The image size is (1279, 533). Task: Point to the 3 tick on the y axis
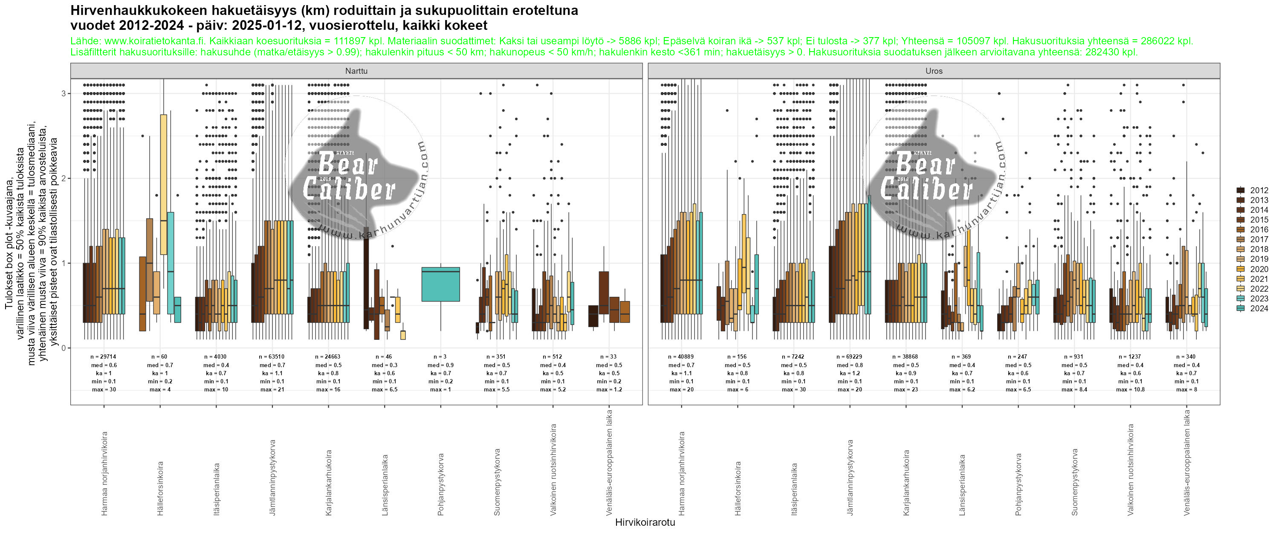[64, 93]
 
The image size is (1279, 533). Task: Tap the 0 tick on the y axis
[64, 348]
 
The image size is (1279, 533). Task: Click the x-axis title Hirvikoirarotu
[645, 522]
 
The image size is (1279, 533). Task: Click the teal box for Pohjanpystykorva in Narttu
[440, 284]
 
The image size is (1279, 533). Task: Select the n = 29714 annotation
[103, 356]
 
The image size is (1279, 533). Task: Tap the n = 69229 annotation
[850, 356]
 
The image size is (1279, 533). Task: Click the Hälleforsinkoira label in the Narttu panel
[160, 488]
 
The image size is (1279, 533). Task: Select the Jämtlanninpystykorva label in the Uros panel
[850, 477]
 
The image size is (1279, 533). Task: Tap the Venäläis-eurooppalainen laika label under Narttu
[609, 462]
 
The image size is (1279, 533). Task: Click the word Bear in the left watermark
[347, 164]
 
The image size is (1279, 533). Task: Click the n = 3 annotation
[440, 356]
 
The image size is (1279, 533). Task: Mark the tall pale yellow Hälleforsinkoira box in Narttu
[163, 184]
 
